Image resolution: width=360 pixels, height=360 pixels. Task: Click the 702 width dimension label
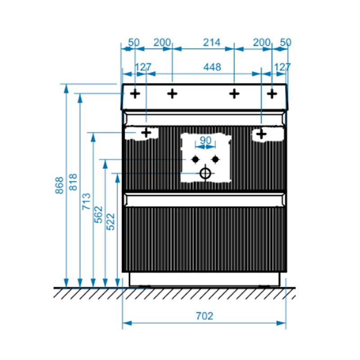click(204, 316)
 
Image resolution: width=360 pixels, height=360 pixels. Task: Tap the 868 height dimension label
click(59, 185)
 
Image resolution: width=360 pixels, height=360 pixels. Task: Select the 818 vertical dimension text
click(73, 182)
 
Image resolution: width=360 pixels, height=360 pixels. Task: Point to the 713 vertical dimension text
click(86, 201)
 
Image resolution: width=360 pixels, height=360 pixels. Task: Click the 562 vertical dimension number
click(98, 215)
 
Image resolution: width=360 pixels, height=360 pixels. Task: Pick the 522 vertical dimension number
click(110, 222)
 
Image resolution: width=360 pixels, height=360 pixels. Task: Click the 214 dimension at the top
click(211, 42)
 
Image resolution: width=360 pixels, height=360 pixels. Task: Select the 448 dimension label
click(212, 67)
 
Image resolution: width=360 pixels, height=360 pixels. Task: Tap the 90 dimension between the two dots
click(206, 140)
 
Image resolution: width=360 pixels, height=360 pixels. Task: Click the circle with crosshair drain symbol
click(206, 173)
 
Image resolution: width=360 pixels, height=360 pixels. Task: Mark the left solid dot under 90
click(195, 159)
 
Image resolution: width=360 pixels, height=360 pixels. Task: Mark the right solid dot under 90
click(216, 159)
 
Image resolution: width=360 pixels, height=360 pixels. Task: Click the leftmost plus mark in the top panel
click(135, 94)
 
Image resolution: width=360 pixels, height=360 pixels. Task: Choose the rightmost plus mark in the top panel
click(272, 94)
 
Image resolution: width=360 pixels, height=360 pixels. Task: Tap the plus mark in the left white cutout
click(146, 133)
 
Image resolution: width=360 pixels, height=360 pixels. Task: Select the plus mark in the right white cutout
click(261, 134)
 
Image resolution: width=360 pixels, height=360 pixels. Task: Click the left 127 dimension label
click(143, 67)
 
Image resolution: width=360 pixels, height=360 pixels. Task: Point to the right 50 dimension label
click(286, 42)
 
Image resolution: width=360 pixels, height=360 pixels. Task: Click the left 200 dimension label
click(162, 42)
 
